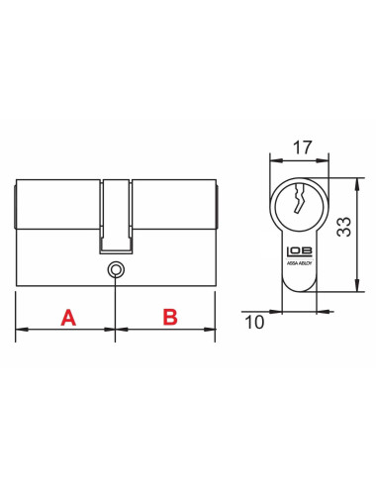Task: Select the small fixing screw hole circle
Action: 117,269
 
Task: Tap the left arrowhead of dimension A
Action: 21,329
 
